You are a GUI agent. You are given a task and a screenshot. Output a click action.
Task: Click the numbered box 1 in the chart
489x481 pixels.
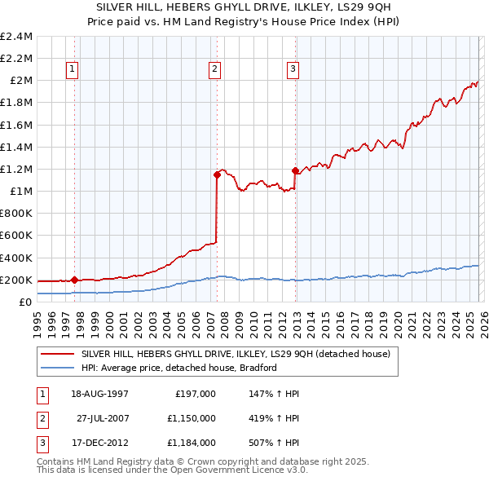coord(73,70)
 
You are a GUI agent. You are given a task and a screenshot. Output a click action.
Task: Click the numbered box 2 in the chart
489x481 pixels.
coord(214,70)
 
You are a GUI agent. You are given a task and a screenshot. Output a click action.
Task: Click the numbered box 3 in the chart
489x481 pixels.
coord(292,70)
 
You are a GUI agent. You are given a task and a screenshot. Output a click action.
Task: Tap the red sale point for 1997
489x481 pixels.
coord(75,280)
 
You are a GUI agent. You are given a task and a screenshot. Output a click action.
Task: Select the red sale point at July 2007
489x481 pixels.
coord(217,174)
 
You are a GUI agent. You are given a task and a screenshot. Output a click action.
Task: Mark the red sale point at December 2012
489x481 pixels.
coord(295,170)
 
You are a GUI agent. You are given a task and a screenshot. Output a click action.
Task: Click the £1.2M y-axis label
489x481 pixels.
coord(17,170)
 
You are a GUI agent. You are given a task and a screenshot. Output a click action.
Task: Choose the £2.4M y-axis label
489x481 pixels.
coord(17,37)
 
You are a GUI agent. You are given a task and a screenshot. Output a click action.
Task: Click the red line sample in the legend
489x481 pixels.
coord(59,354)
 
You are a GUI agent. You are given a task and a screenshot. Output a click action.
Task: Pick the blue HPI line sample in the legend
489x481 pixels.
coord(59,368)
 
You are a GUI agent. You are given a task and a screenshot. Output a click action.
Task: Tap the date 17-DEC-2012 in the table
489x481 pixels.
coord(98,443)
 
